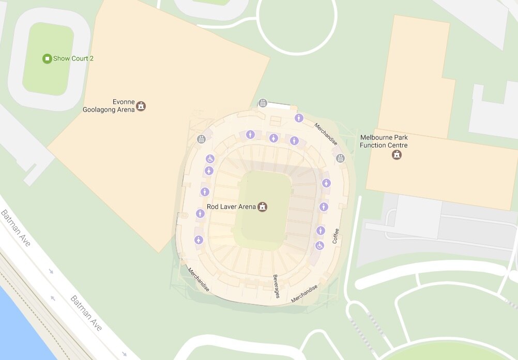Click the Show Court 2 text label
(x=73, y=58)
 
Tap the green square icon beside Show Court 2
(x=47, y=58)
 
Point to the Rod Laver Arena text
(x=231, y=207)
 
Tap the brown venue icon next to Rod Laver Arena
(x=263, y=207)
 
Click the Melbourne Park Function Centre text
(x=384, y=142)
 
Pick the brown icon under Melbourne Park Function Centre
(x=397, y=154)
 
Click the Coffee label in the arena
(x=336, y=236)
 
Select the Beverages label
(x=277, y=286)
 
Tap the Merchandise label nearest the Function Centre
(x=326, y=134)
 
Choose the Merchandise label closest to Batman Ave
(x=199, y=279)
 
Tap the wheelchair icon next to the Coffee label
(x=320, y=245)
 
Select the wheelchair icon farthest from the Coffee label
(x=210, y=159)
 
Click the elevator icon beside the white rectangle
(x=263, y=103)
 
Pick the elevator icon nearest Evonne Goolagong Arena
(x=202, y=139)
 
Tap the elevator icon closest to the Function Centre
(x=340, y=158)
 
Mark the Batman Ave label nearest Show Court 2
(x=15, y=228)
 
